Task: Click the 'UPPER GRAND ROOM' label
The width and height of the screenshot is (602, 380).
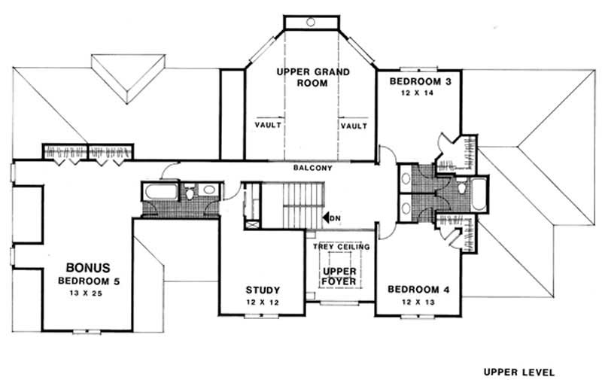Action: pyautogui.click(x=312, y=78)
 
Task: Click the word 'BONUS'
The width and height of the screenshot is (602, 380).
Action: pyautogui.click(x=87, y=267)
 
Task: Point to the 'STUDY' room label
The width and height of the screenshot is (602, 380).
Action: pyautogui.click(x=263, y=290)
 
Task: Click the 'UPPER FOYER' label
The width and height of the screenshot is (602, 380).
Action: pyautogui.click(x=338, y=278)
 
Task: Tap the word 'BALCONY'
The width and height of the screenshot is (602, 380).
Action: pyautogui.click(x=312, y=169)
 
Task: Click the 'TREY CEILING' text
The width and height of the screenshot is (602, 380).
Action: pyautogui.click(x=341, y=247)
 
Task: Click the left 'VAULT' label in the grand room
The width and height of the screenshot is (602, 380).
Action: pyautogui.click(x=269, y=126)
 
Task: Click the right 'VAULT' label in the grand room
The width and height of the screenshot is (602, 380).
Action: pyautogui.click(x=354, y=126)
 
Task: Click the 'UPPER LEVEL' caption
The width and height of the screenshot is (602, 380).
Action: pyautogui.click(x=518, y=372)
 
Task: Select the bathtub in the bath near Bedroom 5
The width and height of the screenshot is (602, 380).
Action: pyautogui.click(x=159, y=192)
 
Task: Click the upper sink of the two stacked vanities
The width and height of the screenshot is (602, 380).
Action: pyautogui.click(x=406, y=180)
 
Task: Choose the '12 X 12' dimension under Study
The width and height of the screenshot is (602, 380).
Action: pyautogui.click(x=263, y=302)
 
